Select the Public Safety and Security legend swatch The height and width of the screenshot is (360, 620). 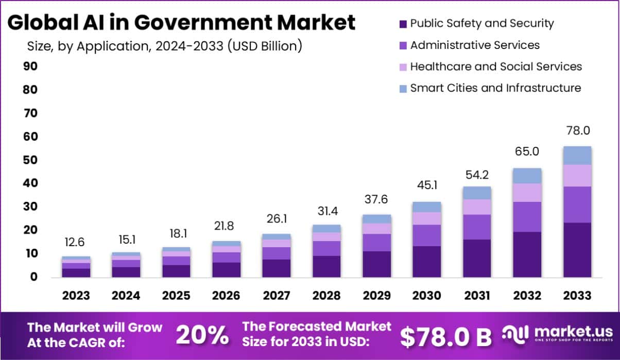coord(403,24)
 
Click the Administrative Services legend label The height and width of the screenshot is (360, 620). coord(475,45)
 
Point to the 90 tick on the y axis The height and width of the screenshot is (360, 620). coord(29,66)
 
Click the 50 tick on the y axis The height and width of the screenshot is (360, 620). coord(29,160)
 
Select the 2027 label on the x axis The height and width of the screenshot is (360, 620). coord(276,296)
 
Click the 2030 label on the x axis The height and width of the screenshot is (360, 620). coord(426,296)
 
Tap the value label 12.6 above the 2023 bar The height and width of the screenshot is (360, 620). coord(76,242)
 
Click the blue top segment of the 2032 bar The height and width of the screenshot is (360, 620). coord(527,176)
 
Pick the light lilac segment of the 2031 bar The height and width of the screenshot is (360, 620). coord(476,207)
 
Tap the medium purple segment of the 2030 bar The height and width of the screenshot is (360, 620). coord(426,235)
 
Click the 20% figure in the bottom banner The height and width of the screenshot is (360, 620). coord(202,335)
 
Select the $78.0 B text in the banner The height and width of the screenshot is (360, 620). coord(446,336)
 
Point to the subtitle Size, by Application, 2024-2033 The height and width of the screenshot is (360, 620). coord(164,46)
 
